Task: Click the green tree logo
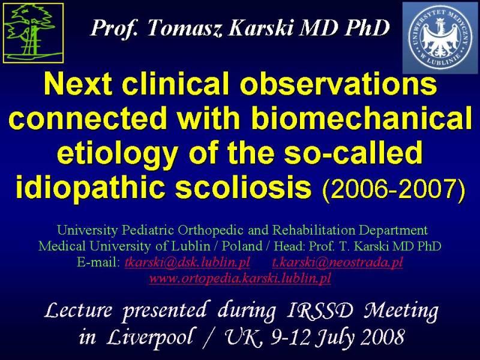coord(34,33)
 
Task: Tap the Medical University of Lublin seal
coord(440,38)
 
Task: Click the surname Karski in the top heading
coord(262,28)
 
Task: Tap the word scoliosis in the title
coord(244,186)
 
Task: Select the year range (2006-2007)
coord(394,188)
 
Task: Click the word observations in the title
coord(338,84)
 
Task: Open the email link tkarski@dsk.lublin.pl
coord(187,262)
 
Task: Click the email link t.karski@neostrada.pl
coord(337,262)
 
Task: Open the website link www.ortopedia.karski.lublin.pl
coord(240,278)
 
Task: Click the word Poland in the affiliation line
coord(242,246)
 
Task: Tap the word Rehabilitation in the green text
coord(314,230)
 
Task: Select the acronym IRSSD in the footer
coord(320,310)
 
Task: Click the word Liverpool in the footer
coord(150,338)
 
